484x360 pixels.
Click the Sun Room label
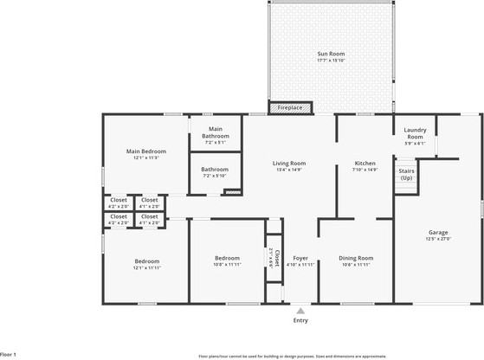click(x=331, y=54)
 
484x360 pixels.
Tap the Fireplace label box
click(x=289, y=108)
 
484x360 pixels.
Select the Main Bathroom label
click(x=216, y=132)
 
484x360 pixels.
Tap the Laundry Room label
click(x=415, y=134)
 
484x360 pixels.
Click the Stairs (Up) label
click(x=406, y=174)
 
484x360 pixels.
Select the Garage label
click(x=438, y=232)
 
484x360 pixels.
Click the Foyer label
click(x=300, y=258)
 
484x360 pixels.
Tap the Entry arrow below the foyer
click(x=300, y=310)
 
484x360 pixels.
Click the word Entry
click(x=300, y=320)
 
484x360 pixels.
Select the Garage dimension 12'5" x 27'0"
click(x=438, y=239)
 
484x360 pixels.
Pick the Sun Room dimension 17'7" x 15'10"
click(x=331, y=61)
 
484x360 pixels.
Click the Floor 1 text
click(x=9, y=354)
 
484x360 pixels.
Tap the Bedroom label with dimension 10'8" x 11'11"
click(x=228, y=258)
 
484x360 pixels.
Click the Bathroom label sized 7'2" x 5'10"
click(x=216, y=169)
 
